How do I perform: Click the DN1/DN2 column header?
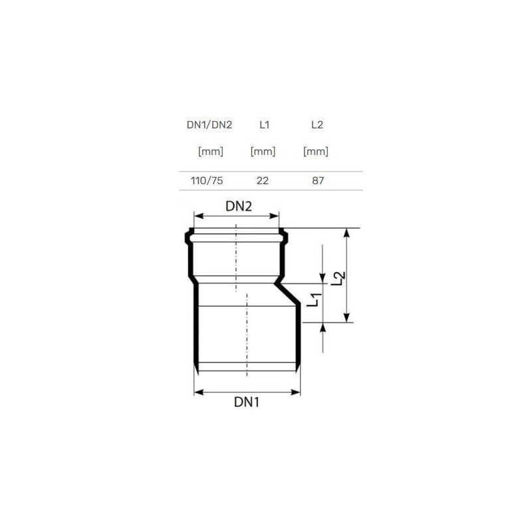(209, 125)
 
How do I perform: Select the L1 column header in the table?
(264, 125)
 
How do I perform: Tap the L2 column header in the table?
(317, 125)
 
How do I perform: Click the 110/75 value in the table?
(207, 180)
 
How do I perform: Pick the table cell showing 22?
(263, 180)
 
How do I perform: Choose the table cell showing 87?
(318, 180)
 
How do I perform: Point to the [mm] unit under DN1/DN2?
(211, 152)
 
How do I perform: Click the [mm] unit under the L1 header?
(263, 152)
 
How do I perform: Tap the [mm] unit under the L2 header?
(316, 152)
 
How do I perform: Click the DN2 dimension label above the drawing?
(239, 206)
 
